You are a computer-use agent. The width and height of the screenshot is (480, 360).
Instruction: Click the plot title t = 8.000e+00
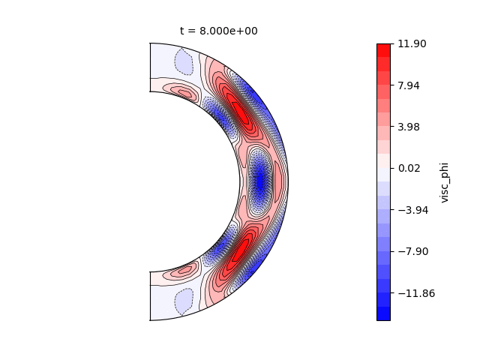pos(218,31)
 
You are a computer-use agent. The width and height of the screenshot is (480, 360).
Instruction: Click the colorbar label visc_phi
pos(444,182)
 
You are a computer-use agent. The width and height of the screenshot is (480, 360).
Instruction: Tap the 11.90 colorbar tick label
pos(412,43)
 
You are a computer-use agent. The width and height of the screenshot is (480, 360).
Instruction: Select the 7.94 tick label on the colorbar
pos(408,85)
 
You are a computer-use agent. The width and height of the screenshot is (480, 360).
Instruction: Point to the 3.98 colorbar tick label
pos(408,127)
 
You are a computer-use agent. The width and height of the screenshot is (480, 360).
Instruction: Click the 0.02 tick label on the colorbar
pos(409,168)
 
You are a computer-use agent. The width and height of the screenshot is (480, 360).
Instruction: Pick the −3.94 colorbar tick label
pos(413,210)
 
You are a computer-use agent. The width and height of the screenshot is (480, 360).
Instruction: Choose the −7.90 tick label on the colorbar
pos(413,251)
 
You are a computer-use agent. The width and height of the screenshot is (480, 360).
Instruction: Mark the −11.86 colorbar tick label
pos(416,293)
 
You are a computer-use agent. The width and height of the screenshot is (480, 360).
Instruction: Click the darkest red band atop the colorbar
pos(383,50)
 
